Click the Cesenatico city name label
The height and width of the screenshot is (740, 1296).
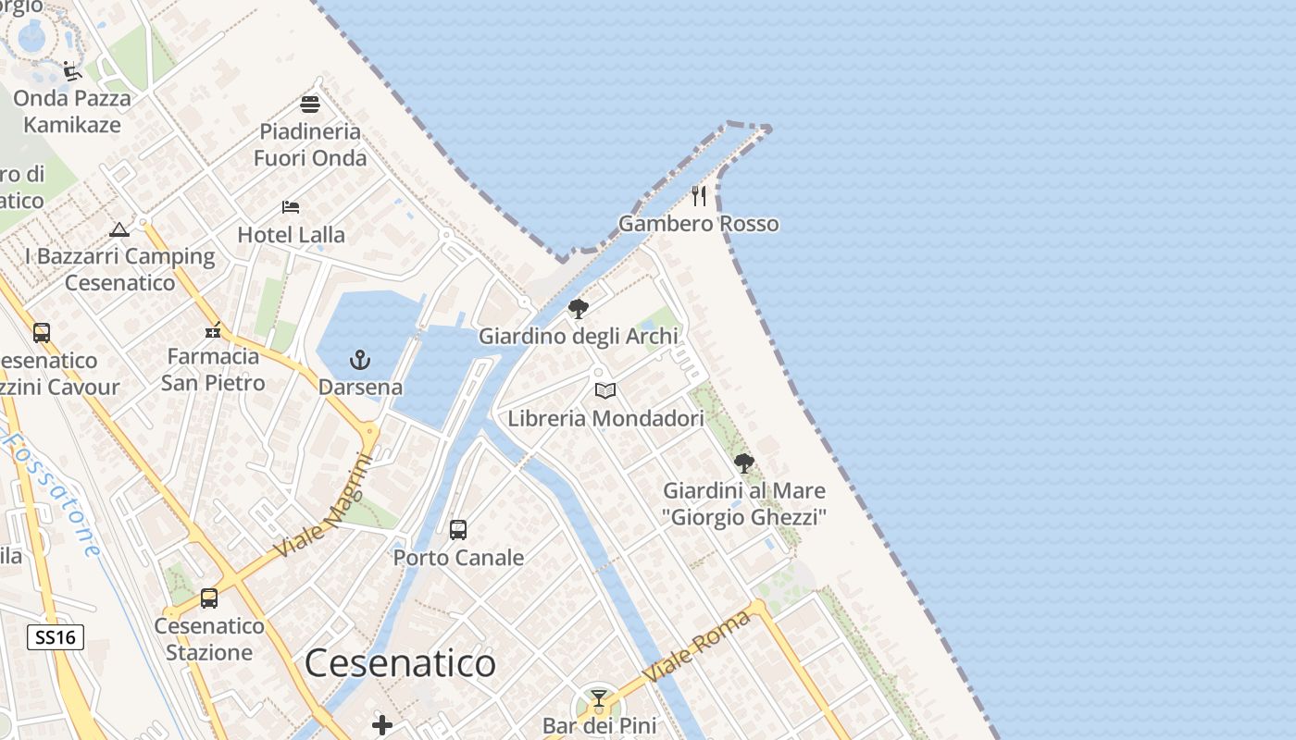400,663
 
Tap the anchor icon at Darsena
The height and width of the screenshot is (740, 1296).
359,360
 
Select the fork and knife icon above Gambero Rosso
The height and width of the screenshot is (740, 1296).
699,196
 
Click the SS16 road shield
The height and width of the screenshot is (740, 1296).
56,636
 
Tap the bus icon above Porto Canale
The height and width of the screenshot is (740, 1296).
458,530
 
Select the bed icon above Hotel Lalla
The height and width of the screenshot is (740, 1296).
291,207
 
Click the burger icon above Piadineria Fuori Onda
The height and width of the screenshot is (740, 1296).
310,104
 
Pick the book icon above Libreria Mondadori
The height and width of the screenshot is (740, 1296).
605,391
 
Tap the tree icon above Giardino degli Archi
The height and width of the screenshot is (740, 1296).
579,309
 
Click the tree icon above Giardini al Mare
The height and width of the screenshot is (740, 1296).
743,463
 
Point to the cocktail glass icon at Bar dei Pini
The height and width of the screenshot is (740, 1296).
599,698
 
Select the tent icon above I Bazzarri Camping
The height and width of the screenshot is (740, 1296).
118,229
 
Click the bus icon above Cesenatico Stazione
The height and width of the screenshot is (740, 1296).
209,598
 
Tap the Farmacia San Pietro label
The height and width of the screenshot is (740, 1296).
213,369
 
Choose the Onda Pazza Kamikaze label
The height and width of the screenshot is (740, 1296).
72,111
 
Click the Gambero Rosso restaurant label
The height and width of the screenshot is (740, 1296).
699,224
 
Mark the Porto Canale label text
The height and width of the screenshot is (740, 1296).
458,558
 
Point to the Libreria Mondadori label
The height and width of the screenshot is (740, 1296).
605,418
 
